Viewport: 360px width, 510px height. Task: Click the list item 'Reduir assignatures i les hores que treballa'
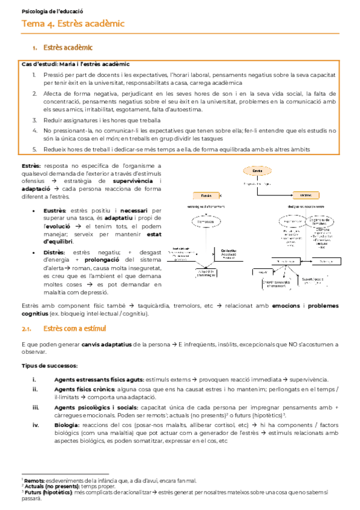pos(102,120)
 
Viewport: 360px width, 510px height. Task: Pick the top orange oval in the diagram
pos(257,171)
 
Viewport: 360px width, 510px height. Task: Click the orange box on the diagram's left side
pos(206,195)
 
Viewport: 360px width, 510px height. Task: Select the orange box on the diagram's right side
pos(305,195)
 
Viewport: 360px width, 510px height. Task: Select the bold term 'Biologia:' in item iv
pos(67,424)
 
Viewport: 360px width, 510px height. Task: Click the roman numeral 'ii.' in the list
pos(34,390)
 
